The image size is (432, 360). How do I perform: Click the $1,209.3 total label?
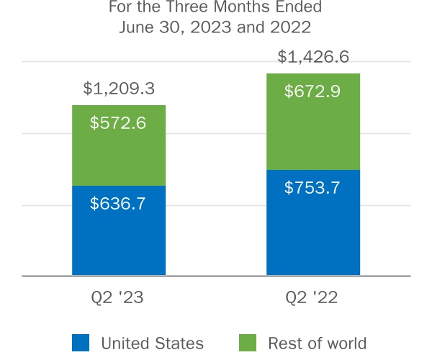pos(119,89)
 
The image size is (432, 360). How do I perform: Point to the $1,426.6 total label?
pos(313,57)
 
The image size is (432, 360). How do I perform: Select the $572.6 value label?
pos(118,122)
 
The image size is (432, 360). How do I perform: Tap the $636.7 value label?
pos(118,203)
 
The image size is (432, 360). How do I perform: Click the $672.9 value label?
pos(312,91)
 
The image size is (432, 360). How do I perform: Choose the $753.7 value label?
pos(312,188)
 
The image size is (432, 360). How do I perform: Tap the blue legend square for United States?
pos(81,343)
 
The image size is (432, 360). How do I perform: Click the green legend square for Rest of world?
pos(247,343)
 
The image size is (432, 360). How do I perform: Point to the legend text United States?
pos(152,343)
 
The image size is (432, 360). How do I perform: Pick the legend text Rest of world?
pos(317,343)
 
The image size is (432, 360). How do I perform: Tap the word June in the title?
pos(135,29)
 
